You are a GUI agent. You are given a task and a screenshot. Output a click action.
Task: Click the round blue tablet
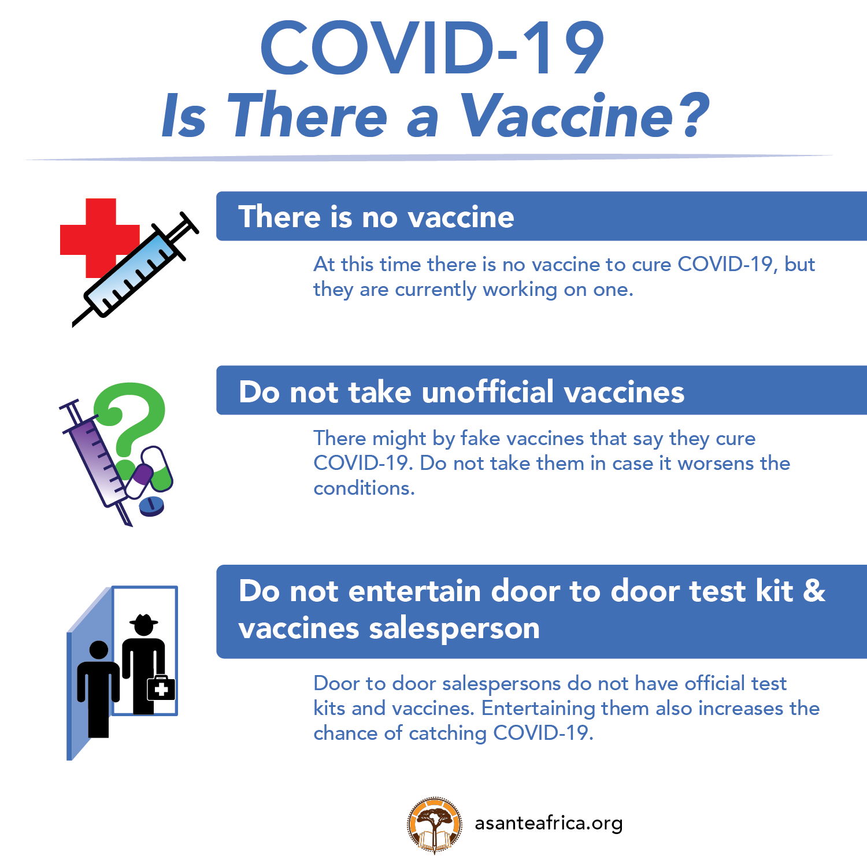pos(152,506)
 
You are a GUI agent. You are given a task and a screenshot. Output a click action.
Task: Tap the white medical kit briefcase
pos(161,688)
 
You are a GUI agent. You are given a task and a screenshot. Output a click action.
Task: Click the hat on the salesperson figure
pos(143,621)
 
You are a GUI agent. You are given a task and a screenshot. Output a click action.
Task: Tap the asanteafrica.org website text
pos(549,823)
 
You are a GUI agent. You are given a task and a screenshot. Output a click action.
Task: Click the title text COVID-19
pos(432,48)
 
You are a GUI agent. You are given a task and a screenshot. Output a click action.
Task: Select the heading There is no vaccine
pos(376,217)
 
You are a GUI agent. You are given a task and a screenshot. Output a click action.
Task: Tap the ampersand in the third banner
pos(814,591)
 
